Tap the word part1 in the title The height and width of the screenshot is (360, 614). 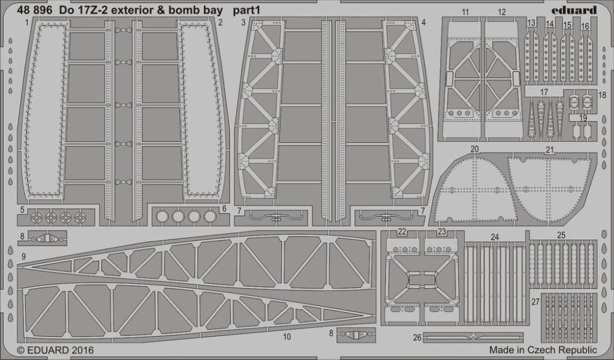click(247, 10)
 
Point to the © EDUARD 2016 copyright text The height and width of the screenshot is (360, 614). click(52, 350)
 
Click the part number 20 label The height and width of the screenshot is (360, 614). click(474, 149)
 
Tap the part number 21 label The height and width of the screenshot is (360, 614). click(550, 149)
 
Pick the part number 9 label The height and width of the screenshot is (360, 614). click(23, 255)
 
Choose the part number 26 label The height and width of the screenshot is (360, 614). click(417, 337)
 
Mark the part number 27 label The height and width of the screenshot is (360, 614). click(535, 302)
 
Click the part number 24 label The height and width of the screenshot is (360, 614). click(495, 235)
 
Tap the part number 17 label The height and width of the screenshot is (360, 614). click(543, 92)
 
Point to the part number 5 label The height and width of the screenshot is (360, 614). click(22, 210)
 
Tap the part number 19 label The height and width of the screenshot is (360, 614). click(583, 118)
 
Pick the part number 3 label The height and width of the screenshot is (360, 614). click(244, 23)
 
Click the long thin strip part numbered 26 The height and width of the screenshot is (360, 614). click(467, 337)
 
